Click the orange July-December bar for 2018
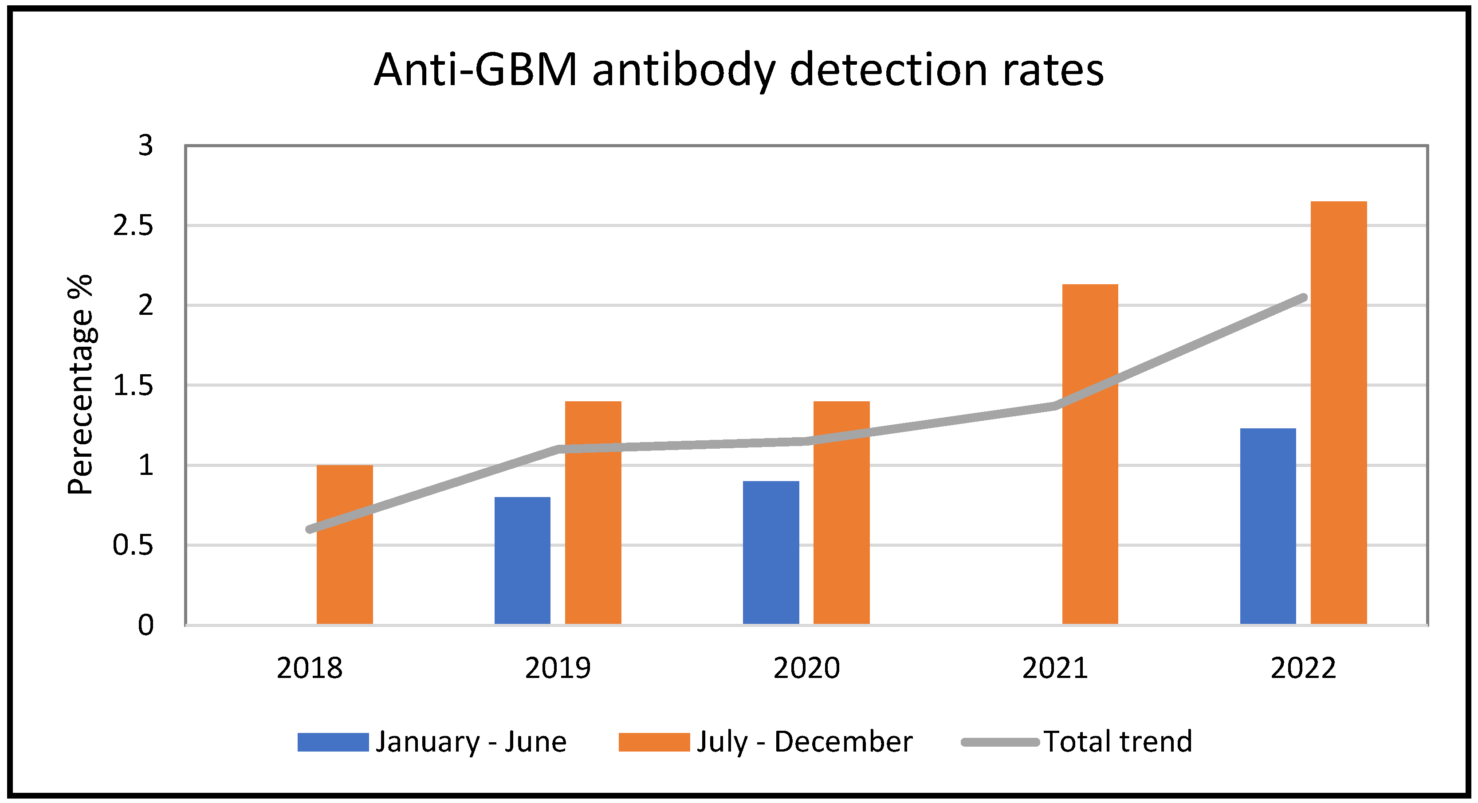tap(344, 545)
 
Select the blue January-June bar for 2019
tap(522, 561)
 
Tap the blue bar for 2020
tap(770, 553)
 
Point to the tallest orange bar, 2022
tap(1339, 413)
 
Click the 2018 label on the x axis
tap(309, 668)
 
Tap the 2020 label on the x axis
tap(806, 668)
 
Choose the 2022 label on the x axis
tap(1303, 668)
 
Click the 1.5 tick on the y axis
tap(133, 385)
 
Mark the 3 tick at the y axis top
tap(146, 146)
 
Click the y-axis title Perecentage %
tap(80, 384)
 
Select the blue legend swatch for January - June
tap(333, 742)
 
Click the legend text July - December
tap(804, 742)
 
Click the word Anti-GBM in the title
tap(475, 70)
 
